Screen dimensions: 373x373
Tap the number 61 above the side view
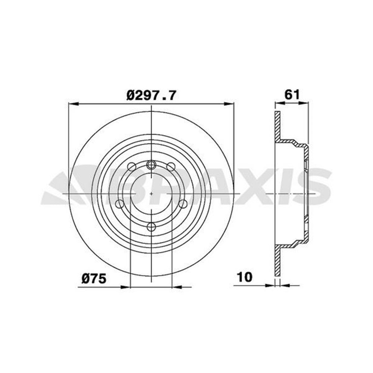(x=292, y=94)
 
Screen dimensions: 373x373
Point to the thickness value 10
(x=245, y=277)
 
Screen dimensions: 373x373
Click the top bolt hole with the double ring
(x=151, y=164)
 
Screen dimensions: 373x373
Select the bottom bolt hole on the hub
(x=151, y=226)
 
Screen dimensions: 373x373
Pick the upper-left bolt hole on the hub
(x=131, y=166)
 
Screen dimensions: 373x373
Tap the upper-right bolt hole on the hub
(x=171, y=166)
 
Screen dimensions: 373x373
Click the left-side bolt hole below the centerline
(x=120, y=204)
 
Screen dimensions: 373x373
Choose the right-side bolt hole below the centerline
(x=183, y=204)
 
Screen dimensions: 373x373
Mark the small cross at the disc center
(x=151, y=194)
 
